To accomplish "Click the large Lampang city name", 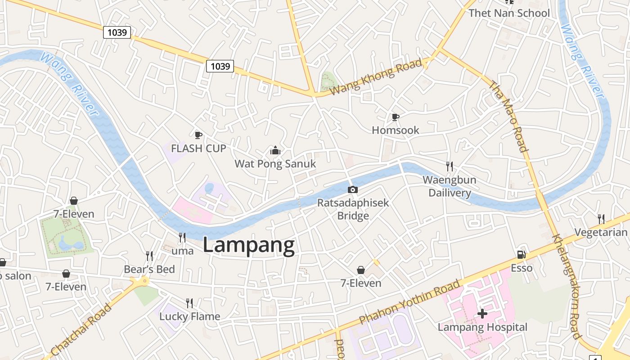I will coord(249,246).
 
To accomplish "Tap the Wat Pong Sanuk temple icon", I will coord(275,150).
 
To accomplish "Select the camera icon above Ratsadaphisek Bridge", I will coord(353,189).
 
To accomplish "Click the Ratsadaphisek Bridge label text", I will coord(353,209).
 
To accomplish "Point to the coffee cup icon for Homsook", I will coord(395,117).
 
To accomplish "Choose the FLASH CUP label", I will coord(198,148).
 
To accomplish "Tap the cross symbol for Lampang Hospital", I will coord(482,313).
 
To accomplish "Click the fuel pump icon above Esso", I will coord(521,255).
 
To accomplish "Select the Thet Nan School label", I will coord(509,13).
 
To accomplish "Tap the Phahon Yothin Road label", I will coord(409,302).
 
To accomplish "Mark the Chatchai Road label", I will coord(81,330).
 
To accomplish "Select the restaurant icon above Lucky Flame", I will coord(189,303).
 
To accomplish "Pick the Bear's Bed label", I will coord(149,270).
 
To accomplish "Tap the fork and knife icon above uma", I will coord(182,237).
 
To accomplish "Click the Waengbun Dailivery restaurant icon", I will coord(449,166).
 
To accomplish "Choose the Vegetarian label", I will coord(601,232).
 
